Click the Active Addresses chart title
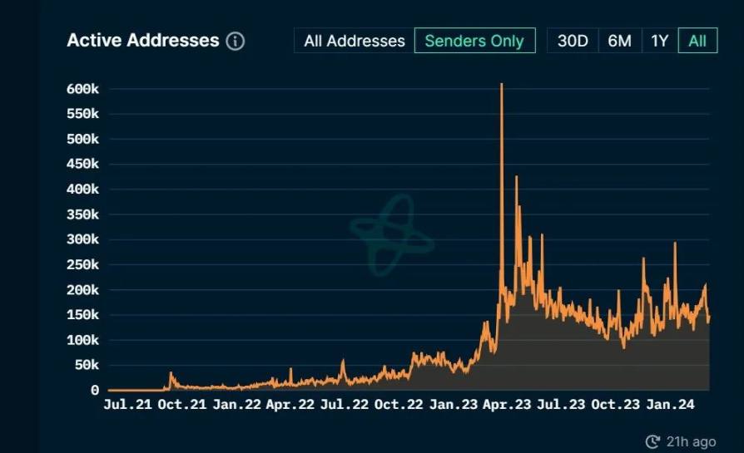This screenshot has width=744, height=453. pyautogui.click(x=142, y=41)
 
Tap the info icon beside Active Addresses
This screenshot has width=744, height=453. pyautogui.click(x=236, y=41)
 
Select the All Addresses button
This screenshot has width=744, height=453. pyautogui.click(x=355, y=41)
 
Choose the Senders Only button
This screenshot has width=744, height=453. pyautogui.click(x=474, y=41)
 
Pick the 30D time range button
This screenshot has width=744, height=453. pyautogui.click(x=573, y=41)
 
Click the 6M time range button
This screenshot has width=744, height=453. pyautogui.click(x=619, y=41)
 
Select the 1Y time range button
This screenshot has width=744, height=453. pyautogui.click(x=659, y=41)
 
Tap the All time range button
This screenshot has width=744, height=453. pyautogui.click(x=697, y=41)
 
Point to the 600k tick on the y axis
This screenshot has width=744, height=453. pyautogui.click(x=82, y=89)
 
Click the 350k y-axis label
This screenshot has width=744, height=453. pyautogui.click(x=82, y=214)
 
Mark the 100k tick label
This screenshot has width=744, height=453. pyautogui.click(x=82, y=340)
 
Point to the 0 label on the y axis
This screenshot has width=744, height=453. pyautogui.click(x=94, y=390)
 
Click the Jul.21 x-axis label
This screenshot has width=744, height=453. pyautogui.click(x=128, y=406)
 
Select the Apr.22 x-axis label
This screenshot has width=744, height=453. pyautogui.click(x=290, y=406)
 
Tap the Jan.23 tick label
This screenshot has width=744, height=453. pyautogui.click(x=453, y=406)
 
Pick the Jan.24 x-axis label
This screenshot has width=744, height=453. pyautogui.click(x=670, y=406)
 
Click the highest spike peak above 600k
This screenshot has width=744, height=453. pyautogui.click(x=501, y=85)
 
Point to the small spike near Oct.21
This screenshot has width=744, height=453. pyautogui.click(x=171, y=374)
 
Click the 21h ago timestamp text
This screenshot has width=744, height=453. pyautogui.click(x=691, y=441)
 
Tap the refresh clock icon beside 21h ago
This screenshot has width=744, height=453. pyautogui.click(x=652, y=441)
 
